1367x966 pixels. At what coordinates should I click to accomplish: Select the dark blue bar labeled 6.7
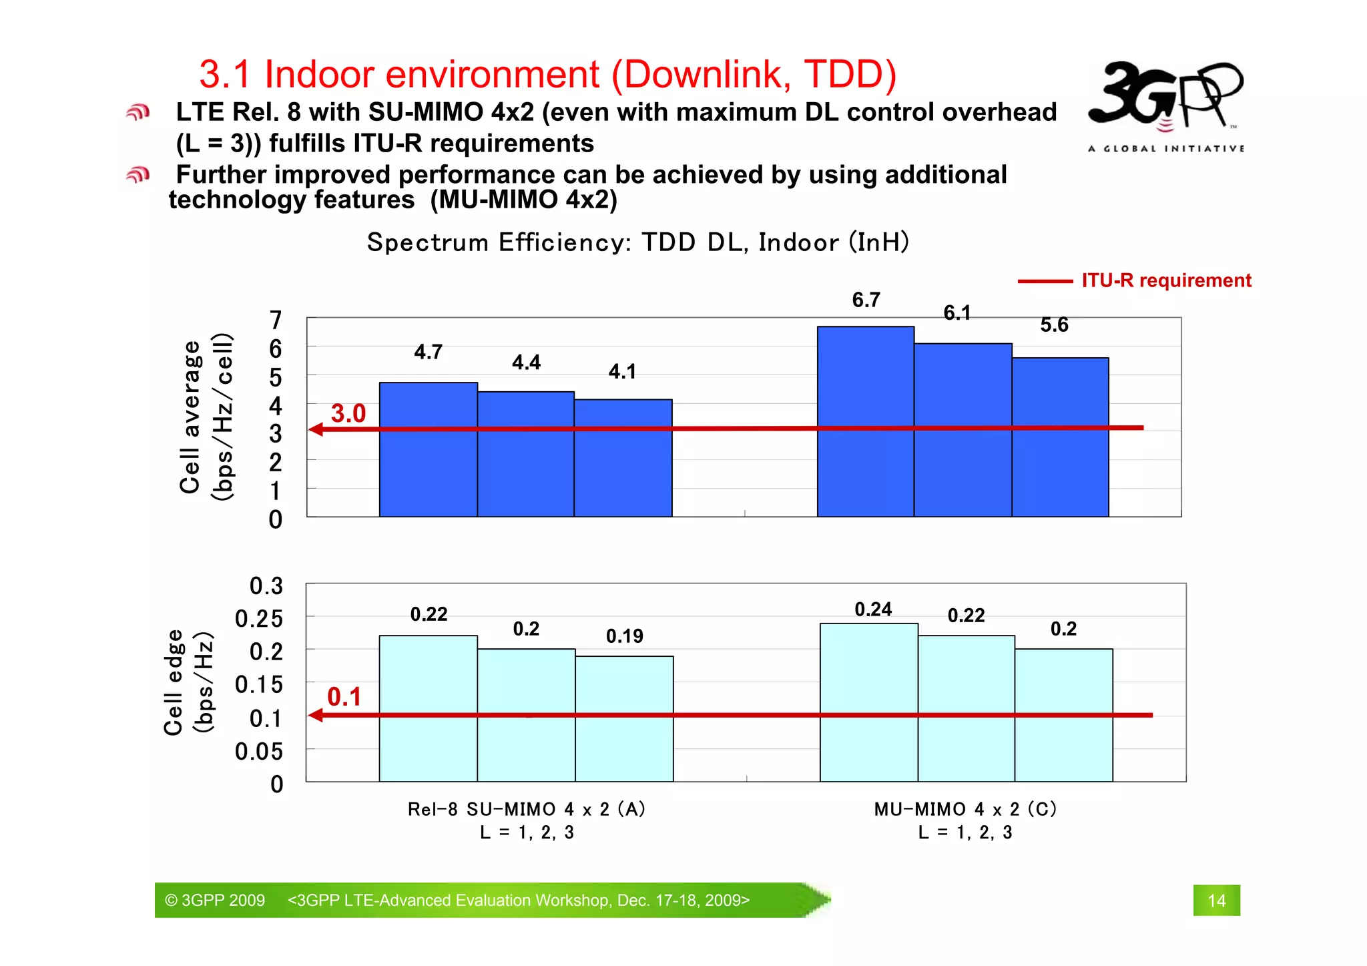click(x=865, y=421)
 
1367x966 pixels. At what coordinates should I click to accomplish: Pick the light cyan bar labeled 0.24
click(x=868, y=701)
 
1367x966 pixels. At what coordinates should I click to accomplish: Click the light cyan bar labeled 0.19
click(x=624, y=718)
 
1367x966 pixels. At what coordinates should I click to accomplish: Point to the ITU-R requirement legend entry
click(x=1135, y=280)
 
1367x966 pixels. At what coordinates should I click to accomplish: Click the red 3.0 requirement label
click(x=348, y=413)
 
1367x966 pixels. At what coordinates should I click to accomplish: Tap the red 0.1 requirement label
click(x=344, y=697)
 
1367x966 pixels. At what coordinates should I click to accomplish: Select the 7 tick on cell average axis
click(x=275, y=320)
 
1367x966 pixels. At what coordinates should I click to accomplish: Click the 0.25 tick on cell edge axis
click(x=258, y=619)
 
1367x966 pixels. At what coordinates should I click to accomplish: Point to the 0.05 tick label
click(x=258, y=752)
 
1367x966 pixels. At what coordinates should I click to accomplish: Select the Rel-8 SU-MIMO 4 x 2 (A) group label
click(x=527, y=809)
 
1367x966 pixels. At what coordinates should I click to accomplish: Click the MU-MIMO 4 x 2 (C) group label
click(x=965, y=809)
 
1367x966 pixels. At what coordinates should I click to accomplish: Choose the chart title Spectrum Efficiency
click(x=637, y=242)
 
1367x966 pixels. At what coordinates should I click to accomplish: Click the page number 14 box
click(x=1216, y=901)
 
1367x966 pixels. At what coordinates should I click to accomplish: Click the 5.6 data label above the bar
click(x=1054, y=325)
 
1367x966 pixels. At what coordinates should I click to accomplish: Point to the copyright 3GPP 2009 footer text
click(x=215, y=901)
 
